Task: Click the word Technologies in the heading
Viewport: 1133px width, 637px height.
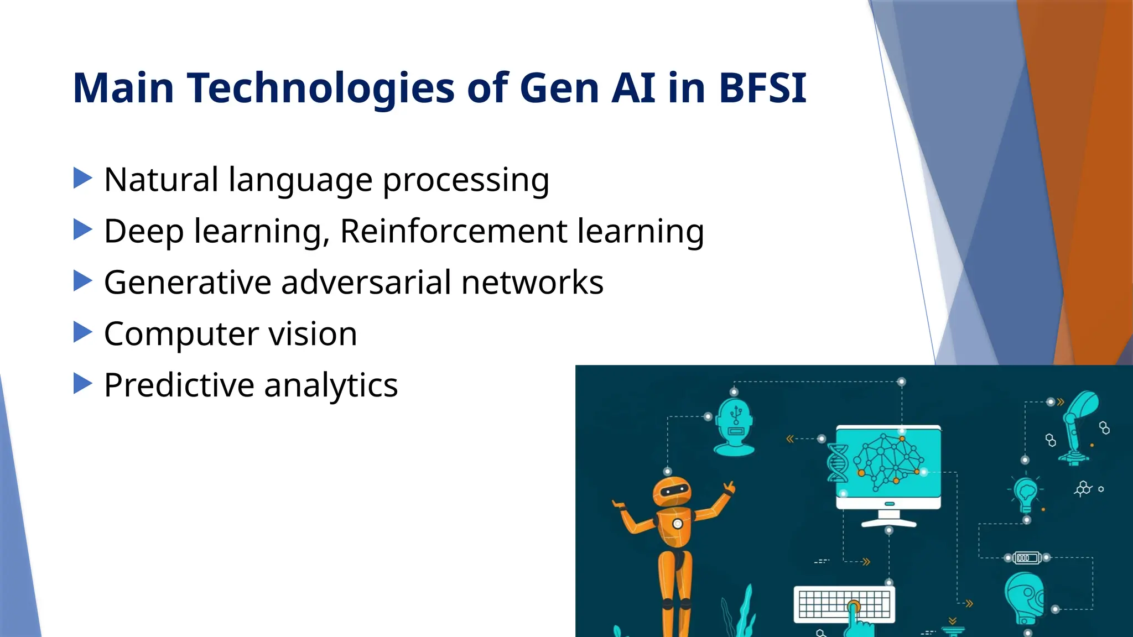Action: point(321,88)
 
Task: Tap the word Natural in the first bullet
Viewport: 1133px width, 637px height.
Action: point(161,180)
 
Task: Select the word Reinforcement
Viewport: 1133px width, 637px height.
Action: point(454,231)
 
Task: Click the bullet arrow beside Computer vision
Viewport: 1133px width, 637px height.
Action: point(82,332)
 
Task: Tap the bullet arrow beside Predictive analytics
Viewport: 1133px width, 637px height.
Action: point(82,383)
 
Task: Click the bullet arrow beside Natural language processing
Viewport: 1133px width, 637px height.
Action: point(82,178)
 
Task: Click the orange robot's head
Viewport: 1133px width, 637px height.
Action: point(671,490)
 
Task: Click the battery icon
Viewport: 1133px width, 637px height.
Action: point(1027,558)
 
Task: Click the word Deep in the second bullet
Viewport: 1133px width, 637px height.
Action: point(143,231)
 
